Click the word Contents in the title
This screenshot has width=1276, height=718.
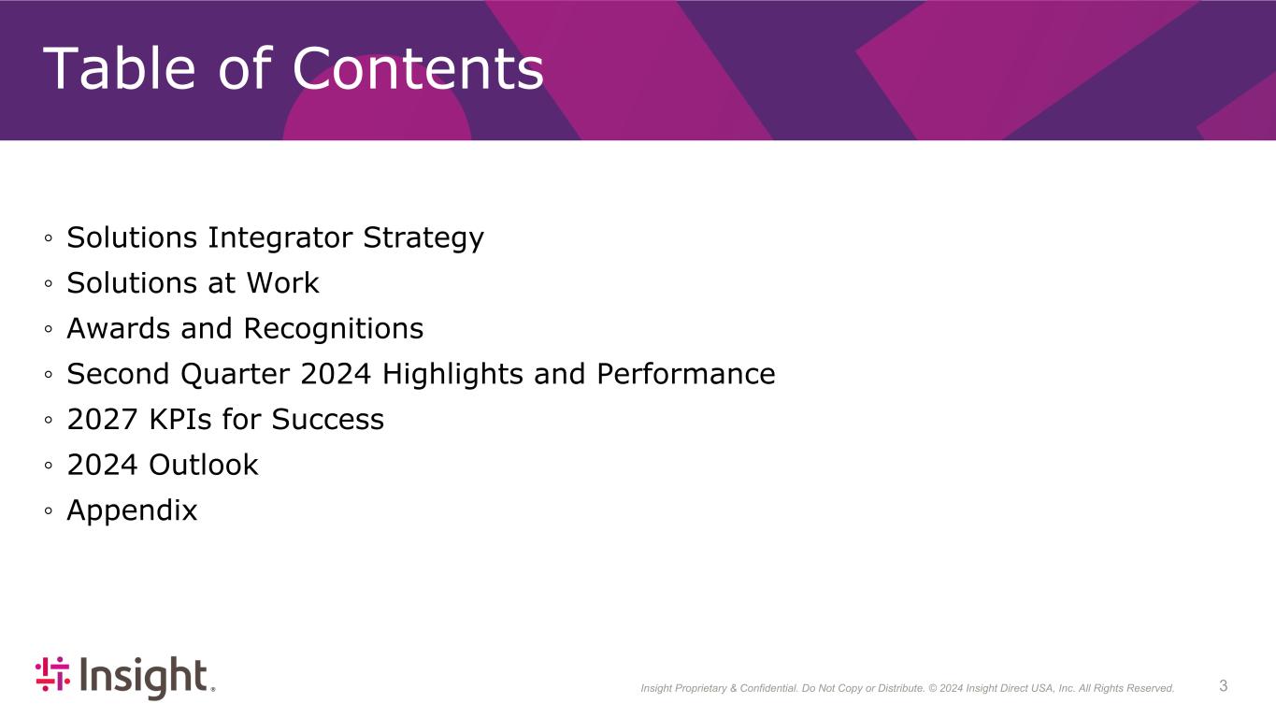[418, 68]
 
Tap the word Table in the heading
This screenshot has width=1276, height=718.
[119, 68]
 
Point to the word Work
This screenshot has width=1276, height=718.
[282, 282]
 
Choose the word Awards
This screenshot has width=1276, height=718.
[119, 328]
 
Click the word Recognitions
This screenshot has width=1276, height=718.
[333, 330]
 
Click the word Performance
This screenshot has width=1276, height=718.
[686, 374]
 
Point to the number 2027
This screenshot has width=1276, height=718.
[103, 420]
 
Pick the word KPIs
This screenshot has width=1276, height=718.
[180, 420]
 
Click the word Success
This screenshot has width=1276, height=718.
[327, 420]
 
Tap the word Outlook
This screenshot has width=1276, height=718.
[204, 465]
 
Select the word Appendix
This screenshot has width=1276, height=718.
[132, 511]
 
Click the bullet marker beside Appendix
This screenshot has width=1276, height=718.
[49, 511]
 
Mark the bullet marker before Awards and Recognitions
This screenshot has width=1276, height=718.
[49, 329]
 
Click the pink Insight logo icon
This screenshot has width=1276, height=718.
[52, 673]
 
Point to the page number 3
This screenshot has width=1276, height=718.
[1223, 685]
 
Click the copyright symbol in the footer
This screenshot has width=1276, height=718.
[933, 688]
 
